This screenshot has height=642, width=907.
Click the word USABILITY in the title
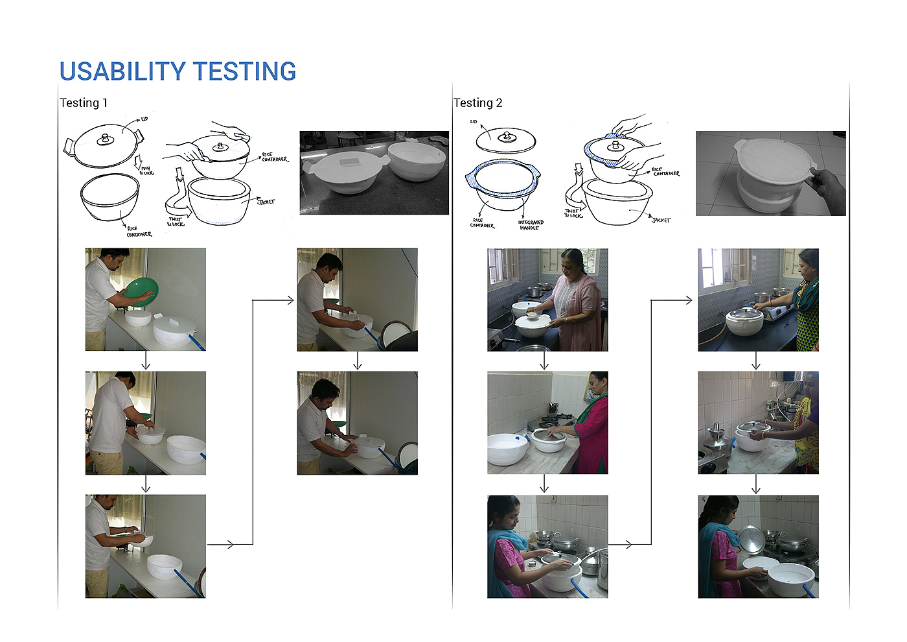(123, 71)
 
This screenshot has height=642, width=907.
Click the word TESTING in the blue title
(244, 71)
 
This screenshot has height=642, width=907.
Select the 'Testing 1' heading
(84, 102)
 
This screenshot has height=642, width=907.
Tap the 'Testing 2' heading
(477, 102)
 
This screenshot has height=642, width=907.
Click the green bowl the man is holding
(141, 291)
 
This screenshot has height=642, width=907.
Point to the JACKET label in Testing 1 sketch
(266, 202)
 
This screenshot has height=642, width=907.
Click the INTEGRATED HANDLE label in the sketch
(531, 225)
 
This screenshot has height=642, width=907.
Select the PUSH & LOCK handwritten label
(146, 171)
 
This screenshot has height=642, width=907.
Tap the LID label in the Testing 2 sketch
(474, 121)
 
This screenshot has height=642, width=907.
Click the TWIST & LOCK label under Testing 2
(573, 213)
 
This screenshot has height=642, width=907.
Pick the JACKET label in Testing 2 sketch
(661, 220)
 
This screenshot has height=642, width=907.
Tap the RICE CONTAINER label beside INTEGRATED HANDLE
(481, 223)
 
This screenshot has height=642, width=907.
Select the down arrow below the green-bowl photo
(146, 361)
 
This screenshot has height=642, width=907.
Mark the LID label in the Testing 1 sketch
(144, 119)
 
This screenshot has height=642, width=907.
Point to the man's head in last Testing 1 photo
(326, 392)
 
